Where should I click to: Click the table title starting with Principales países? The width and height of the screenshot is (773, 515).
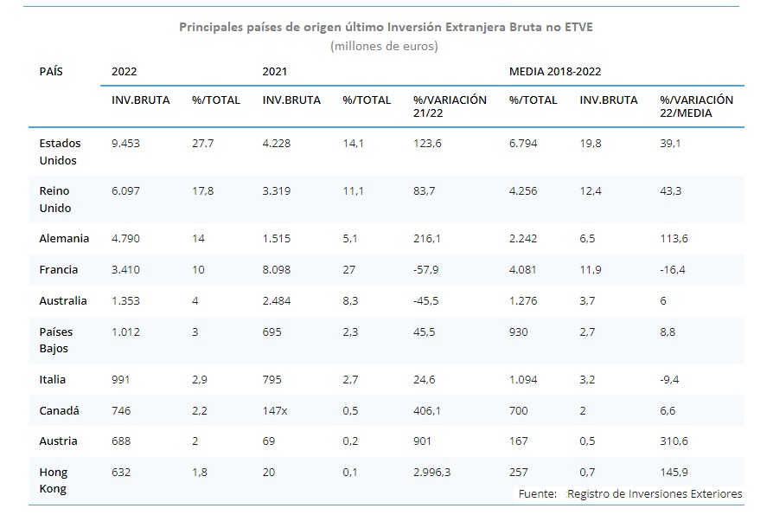[386, 27]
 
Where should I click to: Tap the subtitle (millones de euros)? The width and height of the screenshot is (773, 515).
[385, 46]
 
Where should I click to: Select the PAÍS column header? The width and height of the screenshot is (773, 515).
[51, 71]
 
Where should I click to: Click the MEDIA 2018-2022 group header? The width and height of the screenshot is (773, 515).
[554, 71]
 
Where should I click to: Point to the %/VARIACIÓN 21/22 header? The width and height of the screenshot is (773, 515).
[450, 106]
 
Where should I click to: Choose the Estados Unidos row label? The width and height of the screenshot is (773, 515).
[59, 151]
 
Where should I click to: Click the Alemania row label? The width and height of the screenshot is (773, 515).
[63, 238]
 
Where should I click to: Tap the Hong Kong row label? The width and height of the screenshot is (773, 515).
[54, 480]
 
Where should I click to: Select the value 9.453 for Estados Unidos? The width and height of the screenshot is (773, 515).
[125, 144]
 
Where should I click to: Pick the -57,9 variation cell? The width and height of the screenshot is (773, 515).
[426, 269]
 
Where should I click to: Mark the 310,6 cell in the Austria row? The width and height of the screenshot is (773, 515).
[674, 441]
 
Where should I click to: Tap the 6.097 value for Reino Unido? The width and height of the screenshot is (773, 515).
[125, 190]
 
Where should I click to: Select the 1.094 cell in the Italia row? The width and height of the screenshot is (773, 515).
[523, 379]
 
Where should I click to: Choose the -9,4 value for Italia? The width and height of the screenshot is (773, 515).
[671, 379]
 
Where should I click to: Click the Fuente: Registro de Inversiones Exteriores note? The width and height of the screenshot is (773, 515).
[629, 493]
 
